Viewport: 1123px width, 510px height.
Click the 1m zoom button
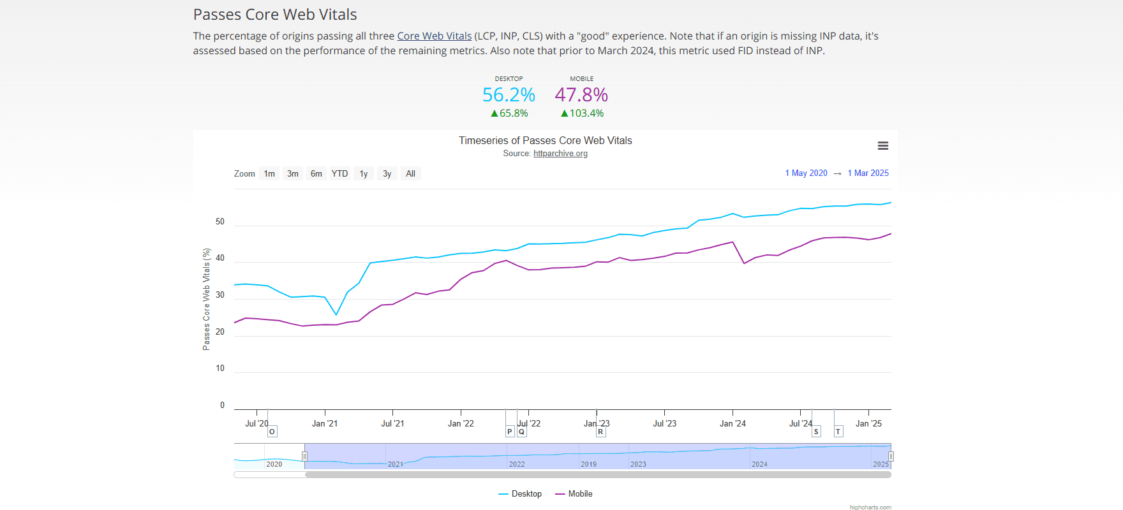click(269, 173)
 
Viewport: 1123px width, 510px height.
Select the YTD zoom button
click(339, 173)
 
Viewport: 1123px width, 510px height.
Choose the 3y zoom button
click(387, 173)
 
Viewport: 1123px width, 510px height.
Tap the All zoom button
click(410, 173)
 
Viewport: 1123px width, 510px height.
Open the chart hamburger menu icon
click(882, 146)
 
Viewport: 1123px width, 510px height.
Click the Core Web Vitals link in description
click(434, 36)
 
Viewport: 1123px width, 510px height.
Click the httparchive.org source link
click(560, 154)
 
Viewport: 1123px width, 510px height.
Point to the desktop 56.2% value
click(509, 95)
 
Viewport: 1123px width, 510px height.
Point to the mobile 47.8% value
click(581, 95)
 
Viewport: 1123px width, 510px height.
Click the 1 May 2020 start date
click(806, 173)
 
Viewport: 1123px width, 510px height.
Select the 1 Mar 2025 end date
click(868, 173)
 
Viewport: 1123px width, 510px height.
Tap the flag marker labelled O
click(272, 432)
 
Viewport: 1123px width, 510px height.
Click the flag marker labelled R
click(600, 432)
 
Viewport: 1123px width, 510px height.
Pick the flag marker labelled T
click(838, 432)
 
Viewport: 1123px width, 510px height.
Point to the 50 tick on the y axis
click(220, 222)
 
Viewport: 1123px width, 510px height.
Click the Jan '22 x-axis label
click(461, 423)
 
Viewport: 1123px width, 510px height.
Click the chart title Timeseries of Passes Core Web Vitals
click(545, 141)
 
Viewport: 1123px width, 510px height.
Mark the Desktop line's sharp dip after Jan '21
click(336, 314)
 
